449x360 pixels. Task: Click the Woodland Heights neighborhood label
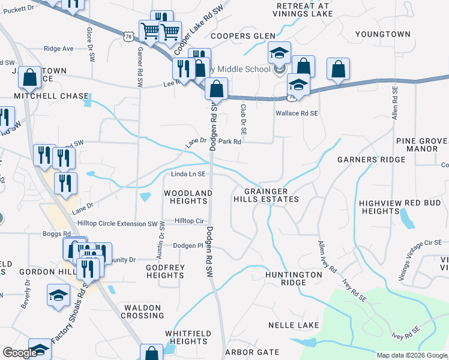pos(188,197)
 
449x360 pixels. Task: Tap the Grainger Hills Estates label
pos(265,194)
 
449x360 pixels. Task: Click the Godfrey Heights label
pos(165,271)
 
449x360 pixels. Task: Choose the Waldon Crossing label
pos(143,311)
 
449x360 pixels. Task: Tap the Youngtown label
pos(383,34)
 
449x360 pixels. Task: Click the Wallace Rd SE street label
pos(296,113)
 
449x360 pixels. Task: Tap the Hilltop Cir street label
pos(189,221)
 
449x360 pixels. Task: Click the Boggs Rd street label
pos(56,233)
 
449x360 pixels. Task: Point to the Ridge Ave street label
pos(59,49)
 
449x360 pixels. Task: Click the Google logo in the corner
pos(19,353)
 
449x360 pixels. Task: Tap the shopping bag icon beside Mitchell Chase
pos(29,77)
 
